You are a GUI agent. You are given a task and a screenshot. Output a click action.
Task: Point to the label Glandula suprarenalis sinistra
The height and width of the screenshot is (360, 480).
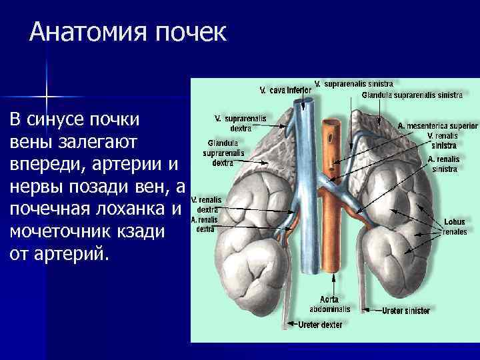coord(412,95)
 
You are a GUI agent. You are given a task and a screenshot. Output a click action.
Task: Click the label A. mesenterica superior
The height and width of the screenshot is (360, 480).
coord(438,125)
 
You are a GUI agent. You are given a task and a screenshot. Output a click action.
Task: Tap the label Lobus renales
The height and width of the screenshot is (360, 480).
coord(455,227)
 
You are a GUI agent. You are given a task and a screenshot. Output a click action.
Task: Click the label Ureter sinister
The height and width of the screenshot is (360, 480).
coord(406,311)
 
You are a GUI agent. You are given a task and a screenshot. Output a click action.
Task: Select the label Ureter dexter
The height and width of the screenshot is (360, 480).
coord(320,325)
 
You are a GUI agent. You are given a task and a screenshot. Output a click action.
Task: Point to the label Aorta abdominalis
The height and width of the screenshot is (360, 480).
coord(329,304)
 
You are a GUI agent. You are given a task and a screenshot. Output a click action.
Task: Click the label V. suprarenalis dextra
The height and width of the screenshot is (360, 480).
coord(240,123)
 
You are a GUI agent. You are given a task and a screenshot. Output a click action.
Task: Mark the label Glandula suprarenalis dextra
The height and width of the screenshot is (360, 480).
coord(223,152)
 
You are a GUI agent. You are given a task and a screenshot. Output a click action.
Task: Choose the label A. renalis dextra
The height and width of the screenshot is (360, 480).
coord(204,223)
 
